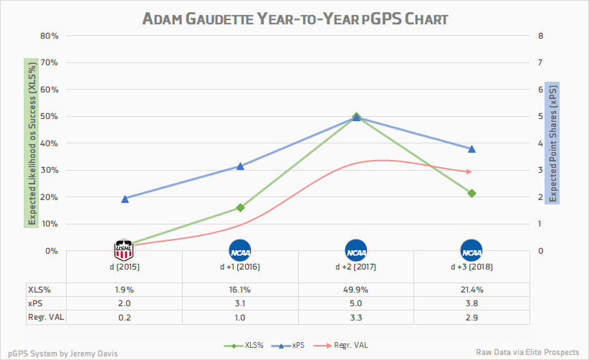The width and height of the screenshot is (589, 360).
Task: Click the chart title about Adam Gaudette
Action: click(294, 18)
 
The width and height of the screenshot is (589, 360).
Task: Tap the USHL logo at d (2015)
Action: click(124, 250)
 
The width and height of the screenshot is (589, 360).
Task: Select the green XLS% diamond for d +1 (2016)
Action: click(240, 207)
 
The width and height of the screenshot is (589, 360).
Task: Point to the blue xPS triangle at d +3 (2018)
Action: click(471, 149)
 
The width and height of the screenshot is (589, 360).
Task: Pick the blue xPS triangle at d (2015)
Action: click(125, 199)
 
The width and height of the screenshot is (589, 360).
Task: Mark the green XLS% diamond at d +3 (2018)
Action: click(471, 193)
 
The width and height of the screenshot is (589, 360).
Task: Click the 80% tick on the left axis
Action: click(49, 36)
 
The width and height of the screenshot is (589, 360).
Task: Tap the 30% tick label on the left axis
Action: click(49, 170)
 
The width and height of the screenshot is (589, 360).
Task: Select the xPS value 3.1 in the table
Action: click(240, 303)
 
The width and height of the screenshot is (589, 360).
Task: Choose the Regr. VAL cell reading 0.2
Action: click(124, 317)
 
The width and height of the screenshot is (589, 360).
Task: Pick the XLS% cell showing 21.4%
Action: click(471, 290)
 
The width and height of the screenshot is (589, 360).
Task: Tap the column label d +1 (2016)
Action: click(240, 267)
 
